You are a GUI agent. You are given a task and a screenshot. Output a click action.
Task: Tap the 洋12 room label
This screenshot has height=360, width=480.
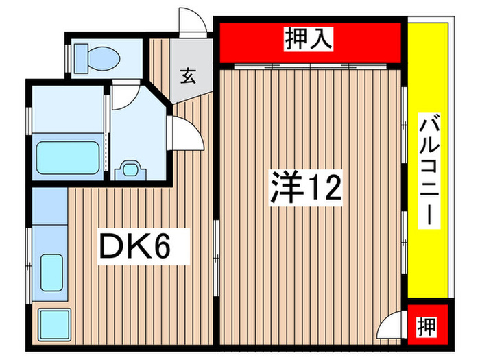(304, 187)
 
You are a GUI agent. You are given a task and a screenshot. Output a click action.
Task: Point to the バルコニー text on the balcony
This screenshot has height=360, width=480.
(429, 171)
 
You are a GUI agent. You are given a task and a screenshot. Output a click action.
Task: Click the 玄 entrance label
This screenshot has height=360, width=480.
(187, 76)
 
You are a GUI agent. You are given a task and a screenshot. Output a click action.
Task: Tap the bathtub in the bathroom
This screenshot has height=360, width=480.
(67, 158)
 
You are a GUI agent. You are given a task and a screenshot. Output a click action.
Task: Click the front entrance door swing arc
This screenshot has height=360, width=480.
(193, 21)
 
